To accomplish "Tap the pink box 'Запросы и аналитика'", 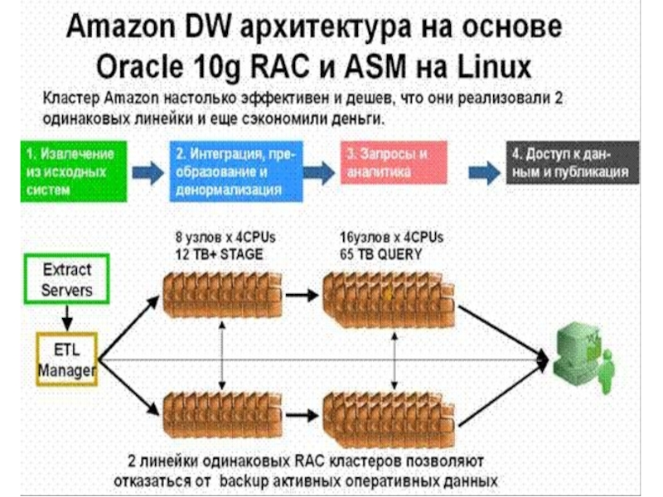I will coord(394,162).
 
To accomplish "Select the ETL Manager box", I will coord(67,359).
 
